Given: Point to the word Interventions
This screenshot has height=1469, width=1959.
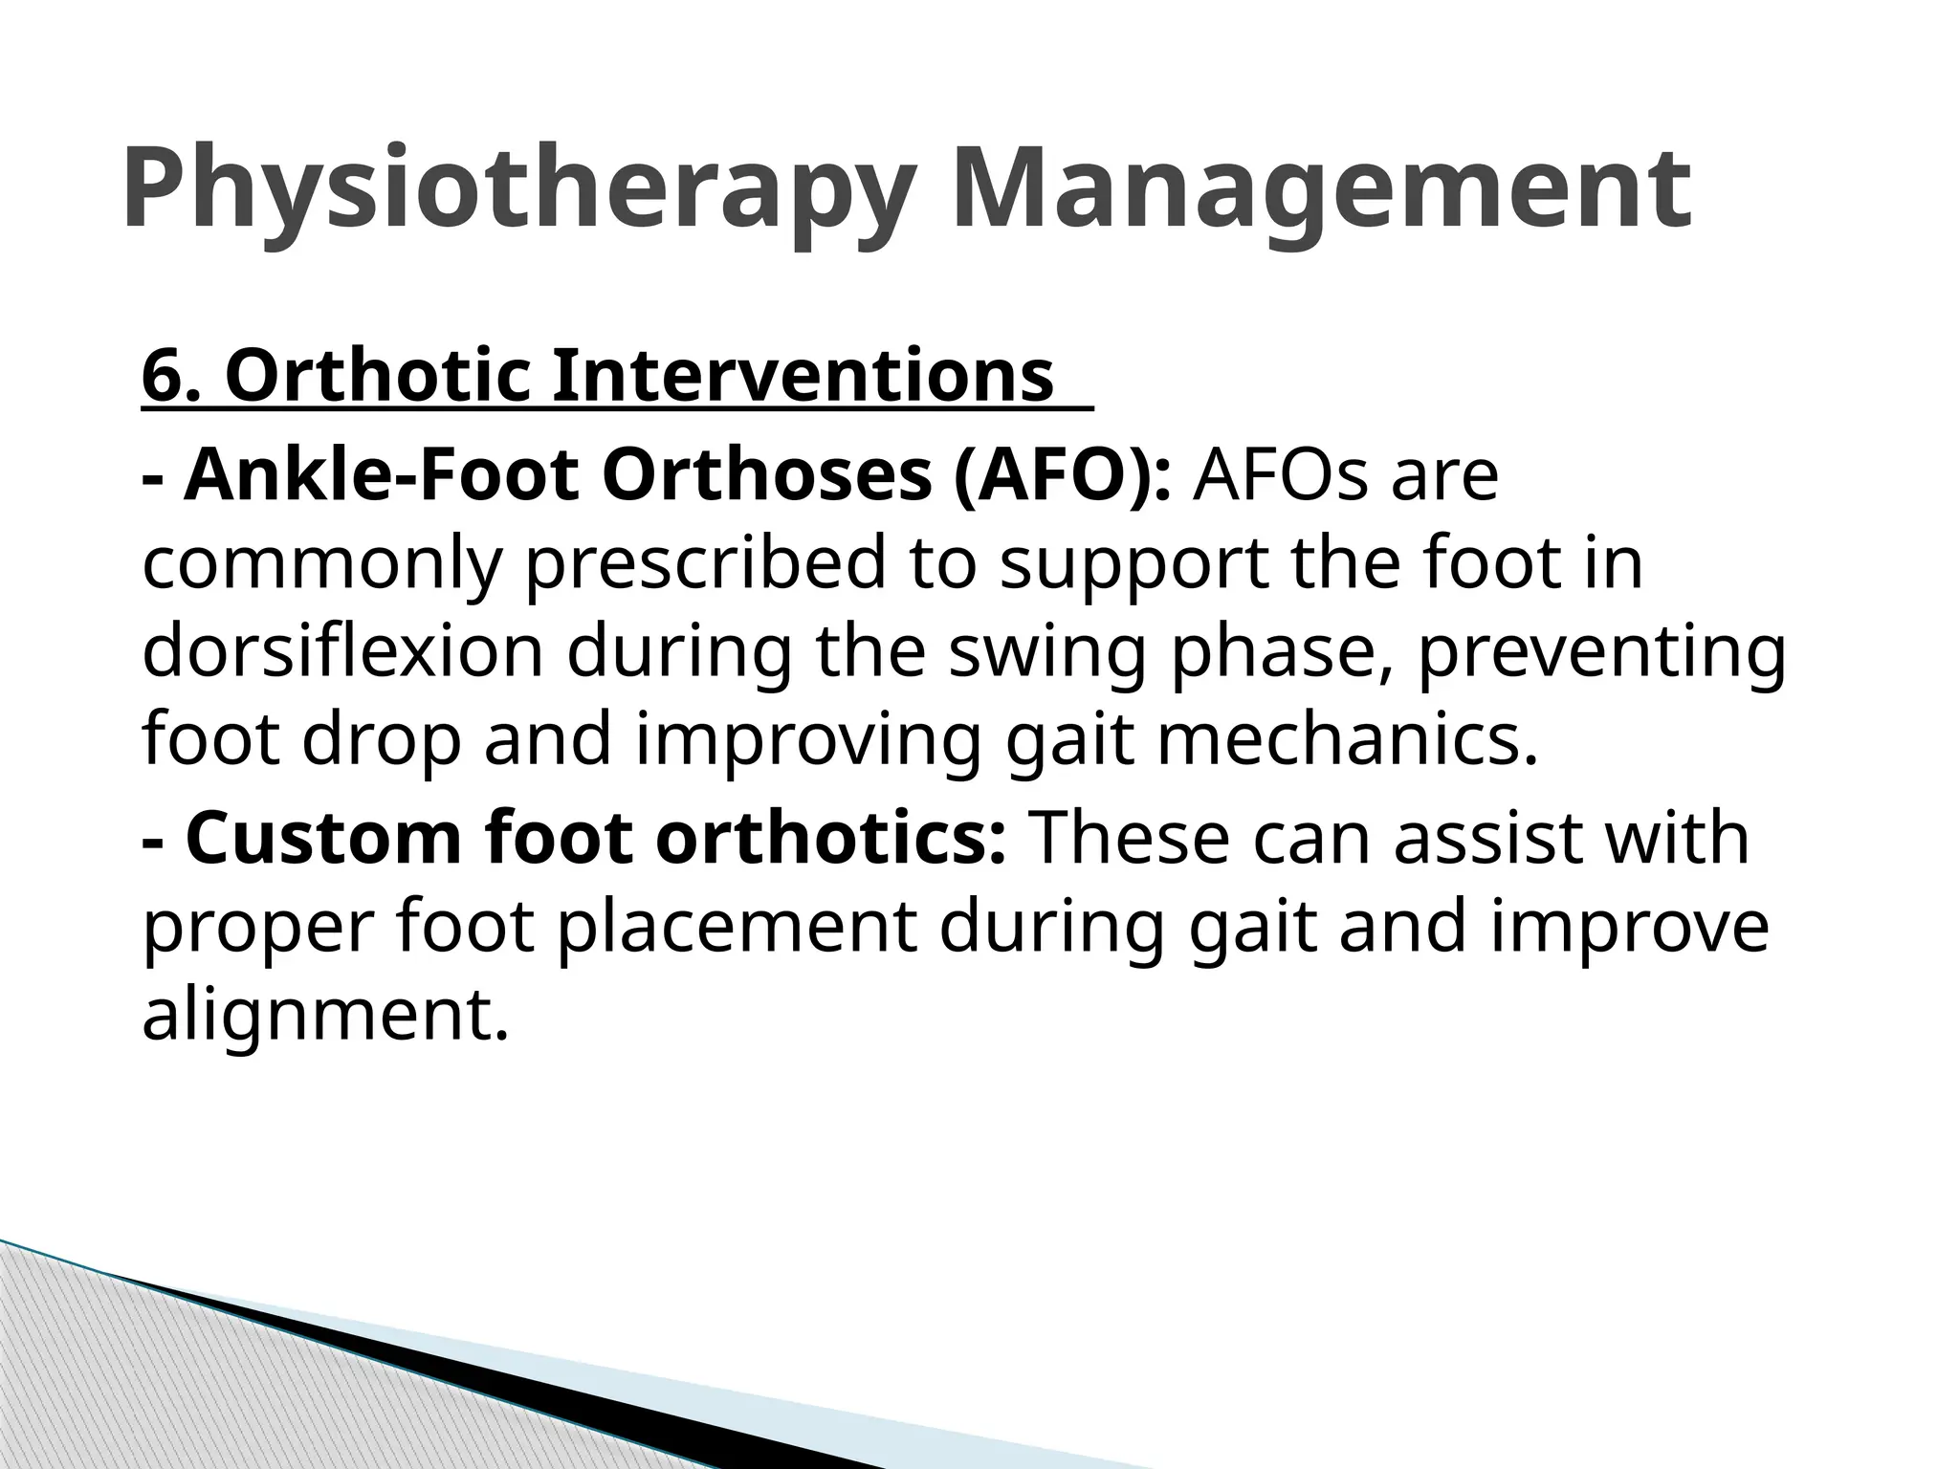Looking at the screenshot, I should click(803, 377).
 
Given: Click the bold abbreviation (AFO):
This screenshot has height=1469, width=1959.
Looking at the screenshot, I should click(1062, 475).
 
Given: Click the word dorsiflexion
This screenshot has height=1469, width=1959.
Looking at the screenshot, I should click(342, 652).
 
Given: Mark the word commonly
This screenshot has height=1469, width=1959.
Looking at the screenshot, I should click(321, 564).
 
